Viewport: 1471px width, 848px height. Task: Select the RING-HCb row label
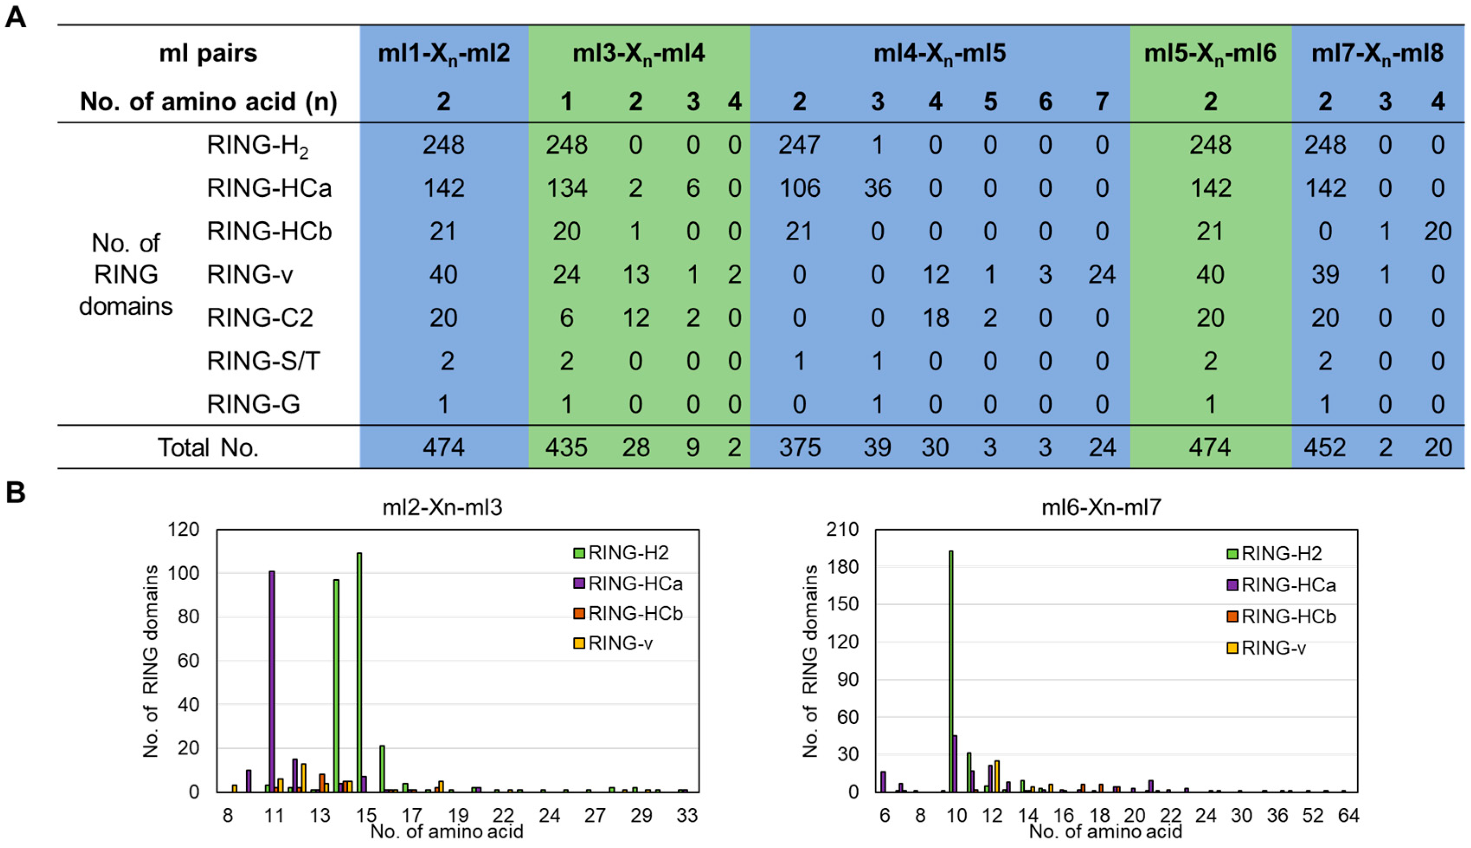click(x=269, y=231)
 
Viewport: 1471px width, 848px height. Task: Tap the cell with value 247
click(x=799, y=145)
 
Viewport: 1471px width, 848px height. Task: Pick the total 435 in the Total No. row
click(x=566, y=447)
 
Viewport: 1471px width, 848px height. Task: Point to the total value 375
click(x=799, y=447)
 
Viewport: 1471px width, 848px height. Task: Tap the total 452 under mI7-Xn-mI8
click(x=1324, y=447)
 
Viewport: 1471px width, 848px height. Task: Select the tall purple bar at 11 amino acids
click(x=272, y=681)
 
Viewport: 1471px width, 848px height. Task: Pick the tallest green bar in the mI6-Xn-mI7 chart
click(x=951, y=670)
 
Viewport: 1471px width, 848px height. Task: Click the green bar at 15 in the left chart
click(x=359, y=673)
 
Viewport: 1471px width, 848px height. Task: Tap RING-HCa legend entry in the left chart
click(x=635, y=584)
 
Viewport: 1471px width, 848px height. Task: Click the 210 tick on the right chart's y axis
click(x=842, y=529)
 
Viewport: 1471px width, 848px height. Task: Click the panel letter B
click(x=15, y=492)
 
